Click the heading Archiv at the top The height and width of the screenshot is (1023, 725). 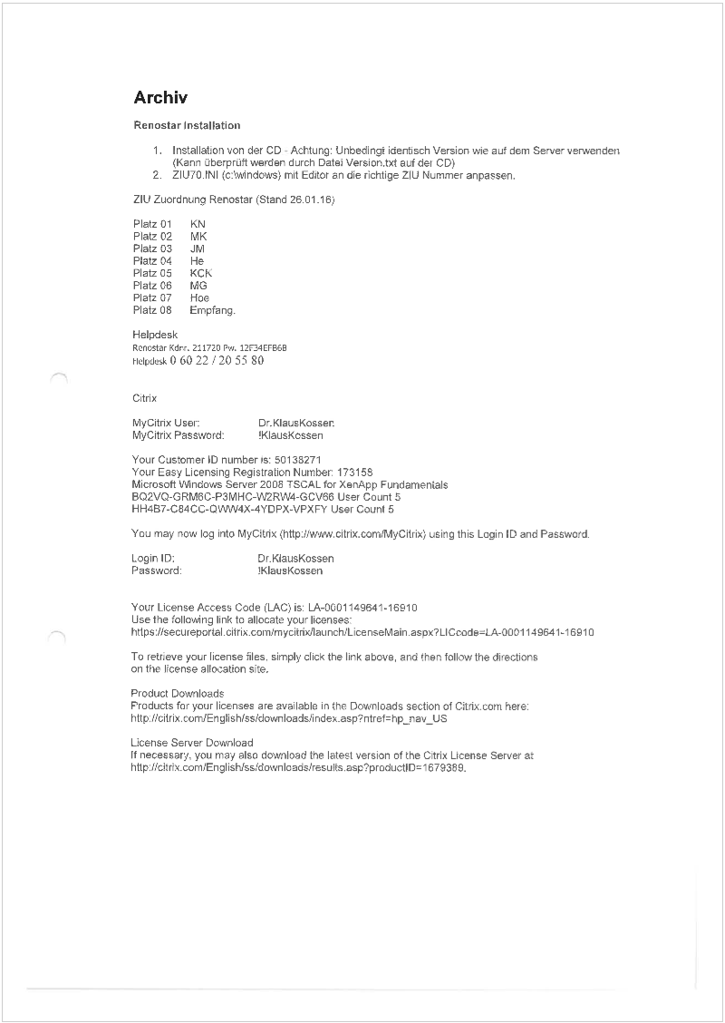point(160,98)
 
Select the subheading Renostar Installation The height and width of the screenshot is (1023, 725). point(187,125)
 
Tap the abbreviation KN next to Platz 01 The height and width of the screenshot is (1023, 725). point(198,223)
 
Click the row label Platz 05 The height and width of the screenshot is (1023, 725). point(152,273)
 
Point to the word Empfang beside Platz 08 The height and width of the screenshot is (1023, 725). point(211,310)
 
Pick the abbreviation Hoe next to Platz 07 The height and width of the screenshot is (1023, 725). point(199,297)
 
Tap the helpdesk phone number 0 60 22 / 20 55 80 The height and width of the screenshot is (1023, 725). point(217,360)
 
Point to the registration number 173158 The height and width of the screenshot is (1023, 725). point(354,473)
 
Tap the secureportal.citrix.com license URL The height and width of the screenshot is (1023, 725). point(362,631)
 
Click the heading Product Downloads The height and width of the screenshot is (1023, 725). point(178,694)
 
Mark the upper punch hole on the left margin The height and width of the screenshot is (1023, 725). point(58,378)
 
